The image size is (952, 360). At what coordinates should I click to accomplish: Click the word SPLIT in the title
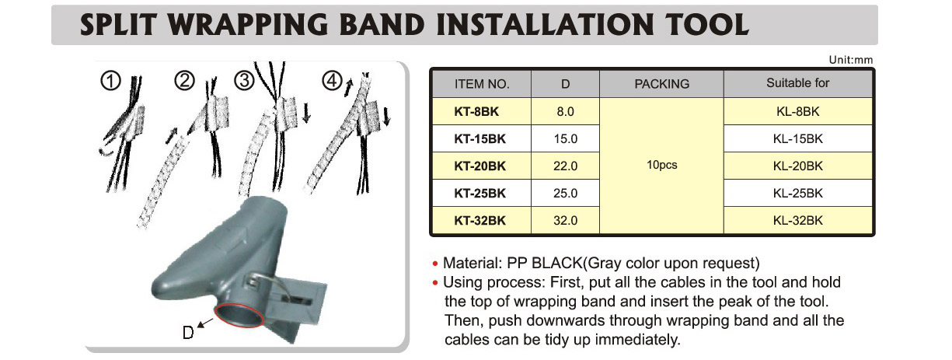[x=119, y=25]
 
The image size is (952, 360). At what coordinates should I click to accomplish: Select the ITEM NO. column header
[x=482, y=84]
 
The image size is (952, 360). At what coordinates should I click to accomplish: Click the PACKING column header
[x=661, y=84]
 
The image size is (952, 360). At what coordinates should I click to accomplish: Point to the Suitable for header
[x=797, y=83]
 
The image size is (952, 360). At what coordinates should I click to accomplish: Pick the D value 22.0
[x=565, y=166]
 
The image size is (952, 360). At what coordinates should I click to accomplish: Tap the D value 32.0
[x=565, y=220]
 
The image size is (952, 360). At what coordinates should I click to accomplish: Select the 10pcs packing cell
[x=661, y=165]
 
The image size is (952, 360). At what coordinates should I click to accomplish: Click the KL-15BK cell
[x=797, y=138]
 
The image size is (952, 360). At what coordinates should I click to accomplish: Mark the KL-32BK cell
[x=797, y=220]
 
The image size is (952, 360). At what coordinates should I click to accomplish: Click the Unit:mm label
[x=850, y=60]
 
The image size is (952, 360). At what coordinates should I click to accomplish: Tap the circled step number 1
[x=110, y=81]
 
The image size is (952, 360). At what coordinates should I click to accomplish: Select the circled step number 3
[x=244, y=80]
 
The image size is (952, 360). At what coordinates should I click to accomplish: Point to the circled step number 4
[x=333, y=80]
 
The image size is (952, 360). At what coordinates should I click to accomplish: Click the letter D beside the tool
[x=188, y=332]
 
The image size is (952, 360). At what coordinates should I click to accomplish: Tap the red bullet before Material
[x=434, y=264]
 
